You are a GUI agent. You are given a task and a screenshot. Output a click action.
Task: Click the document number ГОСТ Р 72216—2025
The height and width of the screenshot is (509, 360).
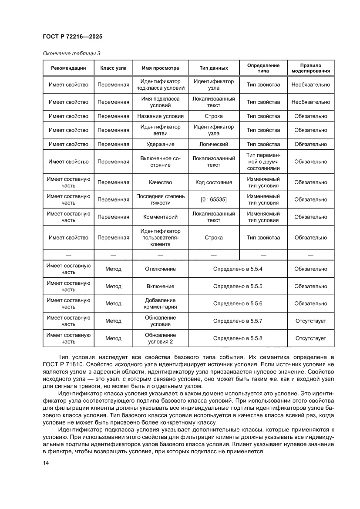[x=73, y=37]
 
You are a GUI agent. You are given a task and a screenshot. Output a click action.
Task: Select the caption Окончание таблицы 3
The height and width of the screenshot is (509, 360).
[x=71, y=54]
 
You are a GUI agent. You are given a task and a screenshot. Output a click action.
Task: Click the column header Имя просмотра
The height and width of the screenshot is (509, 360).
[x=160, y=68]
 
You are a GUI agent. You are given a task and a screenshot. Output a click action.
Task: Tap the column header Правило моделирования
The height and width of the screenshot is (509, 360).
[x=310, y=68]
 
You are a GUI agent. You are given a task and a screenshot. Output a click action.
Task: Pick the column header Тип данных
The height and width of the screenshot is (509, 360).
[x=213, y=68]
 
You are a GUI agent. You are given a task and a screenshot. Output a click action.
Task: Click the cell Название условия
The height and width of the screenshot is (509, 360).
[x=160, y=116]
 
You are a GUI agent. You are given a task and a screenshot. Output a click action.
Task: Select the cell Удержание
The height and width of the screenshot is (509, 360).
[x=160, y=144]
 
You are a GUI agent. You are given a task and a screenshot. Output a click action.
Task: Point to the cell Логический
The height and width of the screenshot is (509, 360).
[x=213, y=144]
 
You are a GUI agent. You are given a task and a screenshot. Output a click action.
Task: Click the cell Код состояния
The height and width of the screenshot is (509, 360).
[x=213, y=182]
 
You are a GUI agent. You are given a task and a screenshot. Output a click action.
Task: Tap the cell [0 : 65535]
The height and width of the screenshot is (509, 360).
[x=213, y=199]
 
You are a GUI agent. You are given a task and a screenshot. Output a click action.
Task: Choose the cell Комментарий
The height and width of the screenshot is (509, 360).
[x=160, y=217]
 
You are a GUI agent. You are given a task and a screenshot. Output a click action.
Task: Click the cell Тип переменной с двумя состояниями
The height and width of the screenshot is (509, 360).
[x=263, y=162]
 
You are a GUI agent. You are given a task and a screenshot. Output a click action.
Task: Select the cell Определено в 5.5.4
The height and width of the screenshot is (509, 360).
[x=237, y=269]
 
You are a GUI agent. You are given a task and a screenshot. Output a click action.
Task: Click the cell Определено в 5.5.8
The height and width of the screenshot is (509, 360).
[x=237, y=338]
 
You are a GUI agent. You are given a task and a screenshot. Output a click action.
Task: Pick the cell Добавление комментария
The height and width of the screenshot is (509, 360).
[x=160, y=303]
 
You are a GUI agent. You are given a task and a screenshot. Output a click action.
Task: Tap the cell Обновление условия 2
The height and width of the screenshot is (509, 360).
[x=160, y=338]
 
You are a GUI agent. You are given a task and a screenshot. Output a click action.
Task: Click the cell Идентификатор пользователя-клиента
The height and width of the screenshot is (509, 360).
[x=160, y=237]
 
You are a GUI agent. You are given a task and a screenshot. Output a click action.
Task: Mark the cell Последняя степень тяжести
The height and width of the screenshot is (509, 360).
[x=160, y=199]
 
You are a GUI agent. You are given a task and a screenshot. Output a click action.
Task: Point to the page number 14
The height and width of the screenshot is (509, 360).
[x=46, y=463]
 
